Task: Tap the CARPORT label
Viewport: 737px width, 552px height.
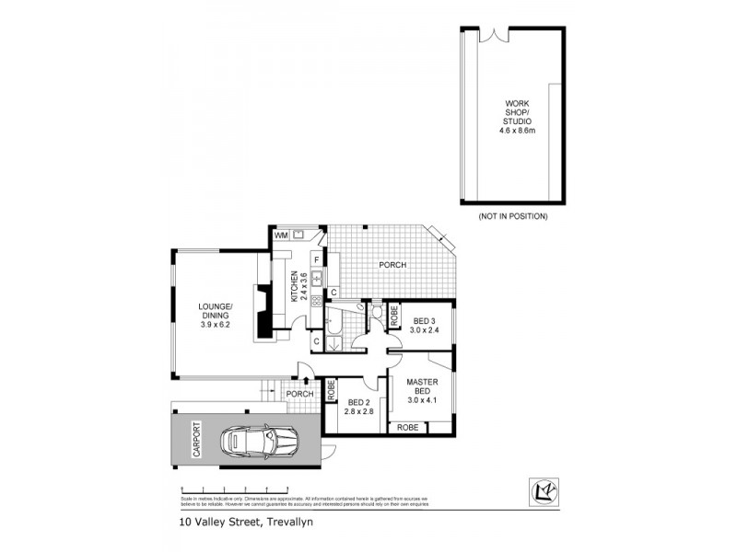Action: click(x=195, y=440)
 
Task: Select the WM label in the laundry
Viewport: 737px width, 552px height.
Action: click(x=281, y=236)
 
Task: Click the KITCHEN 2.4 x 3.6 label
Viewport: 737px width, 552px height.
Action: click(x=297, y=286)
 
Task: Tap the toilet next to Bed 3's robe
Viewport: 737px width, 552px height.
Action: click(x=376, y=316)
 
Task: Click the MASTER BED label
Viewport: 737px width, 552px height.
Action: click(x=422, y=392)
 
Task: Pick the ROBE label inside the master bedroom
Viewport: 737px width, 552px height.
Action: click(x=406, y=428)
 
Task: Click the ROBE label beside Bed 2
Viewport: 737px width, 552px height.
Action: click(x=331, y=389)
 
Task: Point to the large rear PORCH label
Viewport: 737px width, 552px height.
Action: click(x=392, y=265)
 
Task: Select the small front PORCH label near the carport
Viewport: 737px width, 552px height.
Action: click(x=299, y=395)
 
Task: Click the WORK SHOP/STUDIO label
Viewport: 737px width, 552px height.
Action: click(x=518, y=117)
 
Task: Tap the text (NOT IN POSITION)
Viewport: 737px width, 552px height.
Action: click(x=513, y=216)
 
